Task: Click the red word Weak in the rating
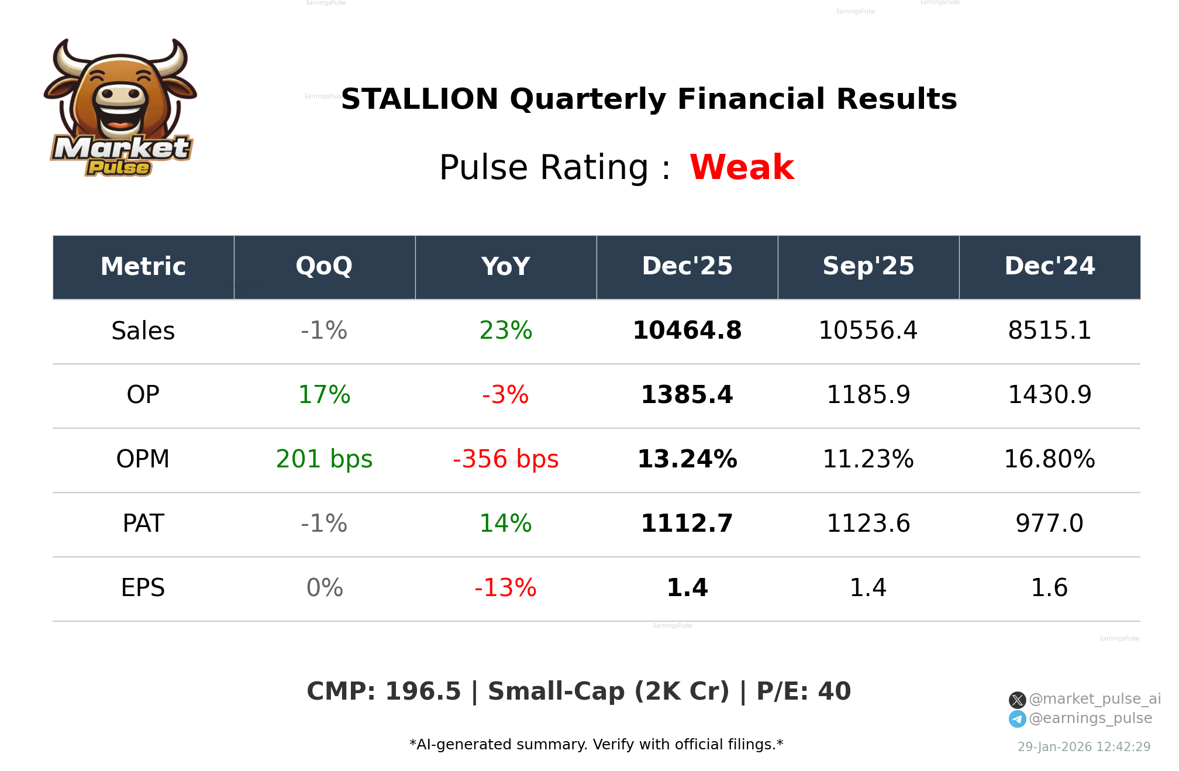tap(741, 167)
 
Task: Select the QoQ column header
tap(324, 267)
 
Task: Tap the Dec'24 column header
tap(1049, 267)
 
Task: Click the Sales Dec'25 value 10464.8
tap(687, 331)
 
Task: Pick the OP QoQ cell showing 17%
tap(324, 395)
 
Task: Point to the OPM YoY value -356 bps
tap(505, 459)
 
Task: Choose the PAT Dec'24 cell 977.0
tap(1049, 524)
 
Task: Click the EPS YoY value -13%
tap(505, 588)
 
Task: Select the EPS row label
tap(143, 588)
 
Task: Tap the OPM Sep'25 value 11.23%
tap(868, 459)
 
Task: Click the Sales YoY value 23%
tap(505, 331)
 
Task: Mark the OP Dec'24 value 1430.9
tap(1049, 395)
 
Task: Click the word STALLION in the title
tap(419, 99)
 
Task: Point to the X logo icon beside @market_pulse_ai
tap(1017, 700)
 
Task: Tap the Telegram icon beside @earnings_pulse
tap(1017, 719)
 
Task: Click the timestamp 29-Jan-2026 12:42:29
tap(1084, 747)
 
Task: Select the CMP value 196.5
tap(423, 691)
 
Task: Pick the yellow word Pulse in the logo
tap(119, 168)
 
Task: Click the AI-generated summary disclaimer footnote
tap(596, 745)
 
